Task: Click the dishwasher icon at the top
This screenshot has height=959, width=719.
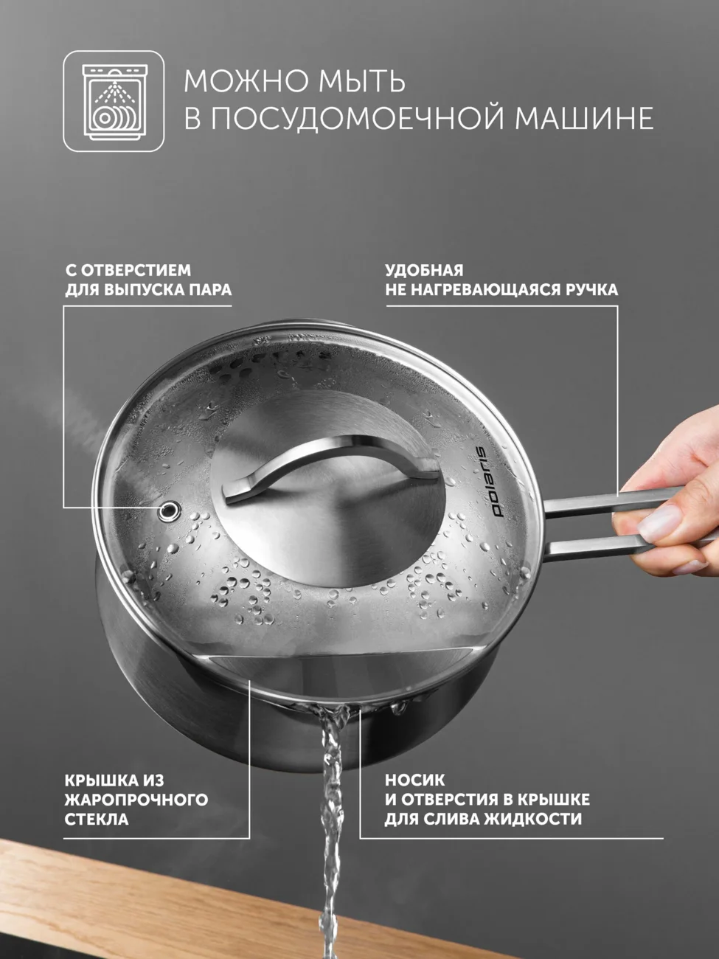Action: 114,101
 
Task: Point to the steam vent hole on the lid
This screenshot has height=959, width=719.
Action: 169,508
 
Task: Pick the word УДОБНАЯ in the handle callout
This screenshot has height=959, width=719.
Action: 424,270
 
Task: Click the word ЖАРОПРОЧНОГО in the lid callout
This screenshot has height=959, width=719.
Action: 136,800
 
